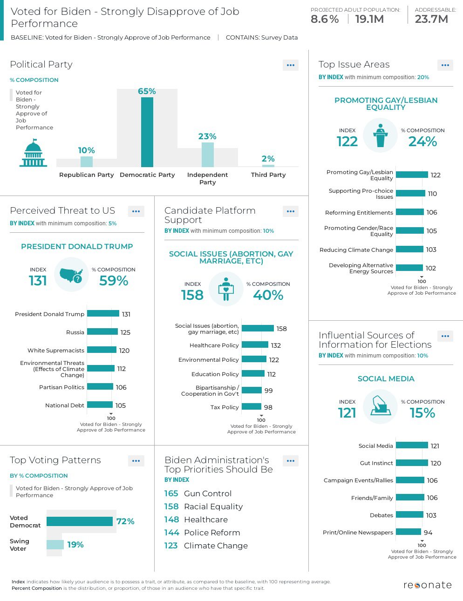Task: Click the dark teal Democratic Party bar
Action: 147,132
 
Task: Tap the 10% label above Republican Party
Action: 86,150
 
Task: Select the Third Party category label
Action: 268,175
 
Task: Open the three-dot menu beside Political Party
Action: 291,65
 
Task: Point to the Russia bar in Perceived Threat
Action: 102,332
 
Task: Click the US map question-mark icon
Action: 71,275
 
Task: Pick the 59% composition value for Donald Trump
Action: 114,281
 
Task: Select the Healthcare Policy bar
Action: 255,345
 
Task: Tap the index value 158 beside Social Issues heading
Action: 192,295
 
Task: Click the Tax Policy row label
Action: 225,407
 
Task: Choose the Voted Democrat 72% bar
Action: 79,521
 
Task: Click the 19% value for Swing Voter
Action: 75,545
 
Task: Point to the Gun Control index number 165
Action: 171,493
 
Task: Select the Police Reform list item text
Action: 212,533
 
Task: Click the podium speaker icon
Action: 381,135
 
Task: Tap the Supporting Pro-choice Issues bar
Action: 410,194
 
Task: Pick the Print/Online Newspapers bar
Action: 409,532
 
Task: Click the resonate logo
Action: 428,585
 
